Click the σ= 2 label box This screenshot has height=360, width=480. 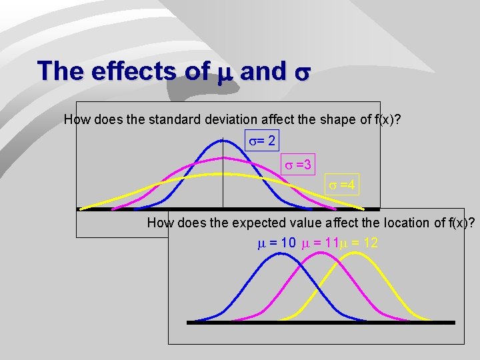[261, 141]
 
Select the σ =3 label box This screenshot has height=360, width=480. [298, 164]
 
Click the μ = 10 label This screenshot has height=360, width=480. [277, 243]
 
